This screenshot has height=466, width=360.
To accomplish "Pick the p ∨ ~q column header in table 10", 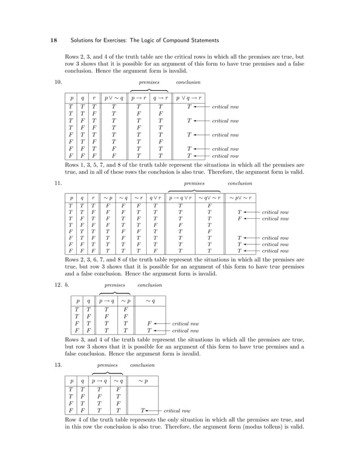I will [113, 97].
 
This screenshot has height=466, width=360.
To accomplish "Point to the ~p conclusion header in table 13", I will [144, 380].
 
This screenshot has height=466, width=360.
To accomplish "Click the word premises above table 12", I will [115, 285].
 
